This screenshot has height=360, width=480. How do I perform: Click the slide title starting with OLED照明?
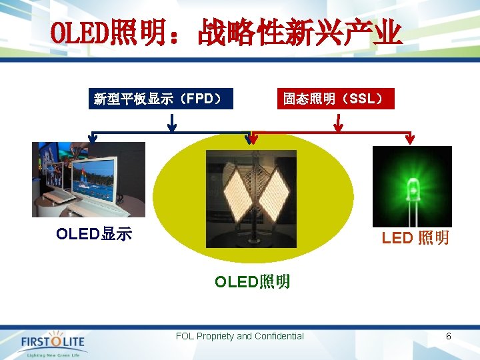click(x=227, y=33)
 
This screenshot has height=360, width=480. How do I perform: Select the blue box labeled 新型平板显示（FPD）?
click(x=157, y=99)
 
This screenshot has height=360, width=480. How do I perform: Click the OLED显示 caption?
click(x=94, y=234)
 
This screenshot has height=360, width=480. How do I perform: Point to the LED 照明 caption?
click(x=415, y=238)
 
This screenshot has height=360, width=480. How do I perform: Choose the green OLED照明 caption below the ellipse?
click(x=252, y=281)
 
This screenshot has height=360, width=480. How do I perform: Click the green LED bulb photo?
click(x=412, y=186)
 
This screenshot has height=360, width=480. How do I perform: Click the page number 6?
click(x=449, y=337)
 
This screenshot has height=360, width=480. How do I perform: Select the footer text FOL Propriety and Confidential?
click(x=240, y=337)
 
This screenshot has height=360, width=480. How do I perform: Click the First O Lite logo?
click(x=53, y=342)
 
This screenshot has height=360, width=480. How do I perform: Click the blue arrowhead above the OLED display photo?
click(x=93, y=139)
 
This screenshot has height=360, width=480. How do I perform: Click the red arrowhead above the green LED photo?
click(x=410, y=139)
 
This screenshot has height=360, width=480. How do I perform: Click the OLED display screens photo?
click(x=89, y=179)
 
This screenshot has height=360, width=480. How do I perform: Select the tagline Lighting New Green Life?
click(x=53, y=355)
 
